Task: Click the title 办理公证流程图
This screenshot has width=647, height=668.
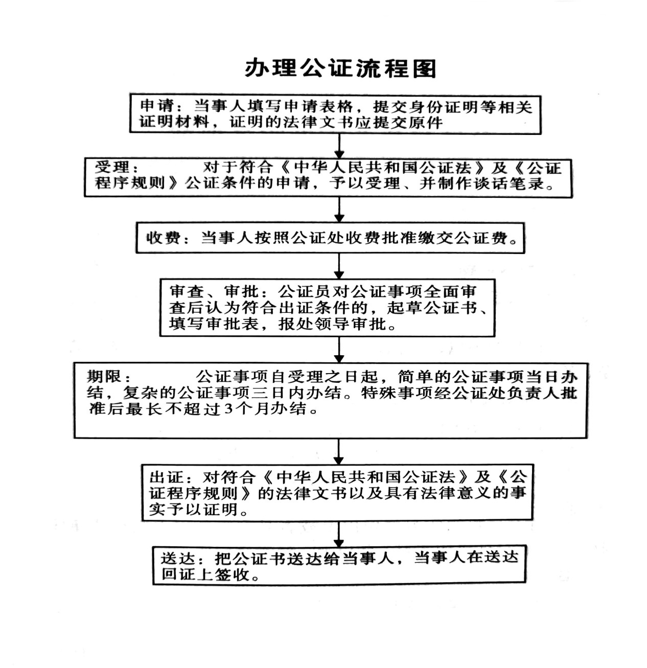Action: click(x=340, y=68)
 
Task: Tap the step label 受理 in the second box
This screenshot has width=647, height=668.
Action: click(x=112, y=167)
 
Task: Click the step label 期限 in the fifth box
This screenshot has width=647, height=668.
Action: click(x=104, y=377)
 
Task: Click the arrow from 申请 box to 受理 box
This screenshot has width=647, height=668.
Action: click(x=339, y=146)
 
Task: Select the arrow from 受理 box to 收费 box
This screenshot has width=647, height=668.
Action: click(x=339, y=210)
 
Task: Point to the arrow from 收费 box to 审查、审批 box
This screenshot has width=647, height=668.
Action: click(x=339, y=266)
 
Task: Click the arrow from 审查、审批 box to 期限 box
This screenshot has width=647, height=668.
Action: click(x=339, y=350)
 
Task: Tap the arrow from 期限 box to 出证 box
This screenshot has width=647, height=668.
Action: click(x=338, y=451)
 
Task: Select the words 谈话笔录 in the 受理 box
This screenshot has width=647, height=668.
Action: click(x=510, y=183)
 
